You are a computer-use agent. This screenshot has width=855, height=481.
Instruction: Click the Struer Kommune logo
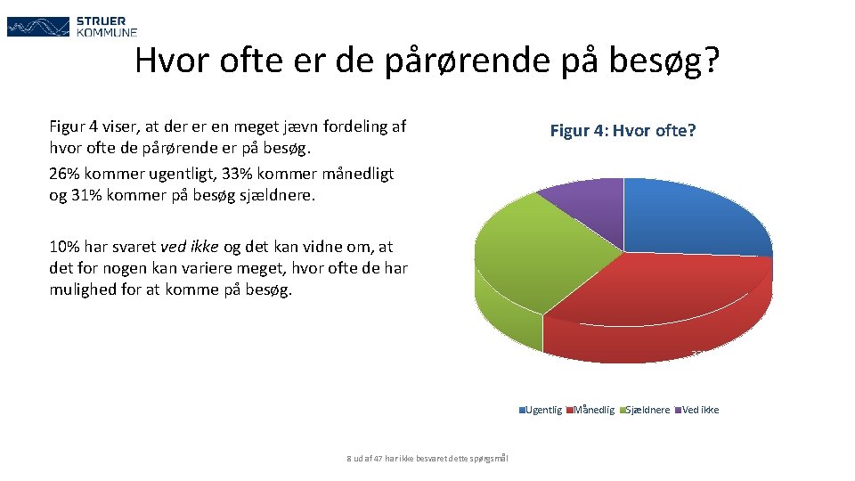(x=72, y=26)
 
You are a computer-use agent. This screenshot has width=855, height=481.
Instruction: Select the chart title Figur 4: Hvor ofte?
(x=623, y=131)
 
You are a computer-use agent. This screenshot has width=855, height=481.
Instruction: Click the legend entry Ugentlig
(x=542, y=410)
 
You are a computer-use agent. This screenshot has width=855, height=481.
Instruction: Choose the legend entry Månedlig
(x=593, y=410)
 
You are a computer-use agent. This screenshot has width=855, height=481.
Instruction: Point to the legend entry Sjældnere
(x=647, y=410)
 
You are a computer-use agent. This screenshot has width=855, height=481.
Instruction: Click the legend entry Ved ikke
(x=699, y=410)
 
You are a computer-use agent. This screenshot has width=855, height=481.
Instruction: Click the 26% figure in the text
(x=63, y=173)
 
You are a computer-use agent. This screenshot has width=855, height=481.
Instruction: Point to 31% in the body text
(x=85, y=194)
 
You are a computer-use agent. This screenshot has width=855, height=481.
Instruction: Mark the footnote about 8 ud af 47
(x=427, y=459)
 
